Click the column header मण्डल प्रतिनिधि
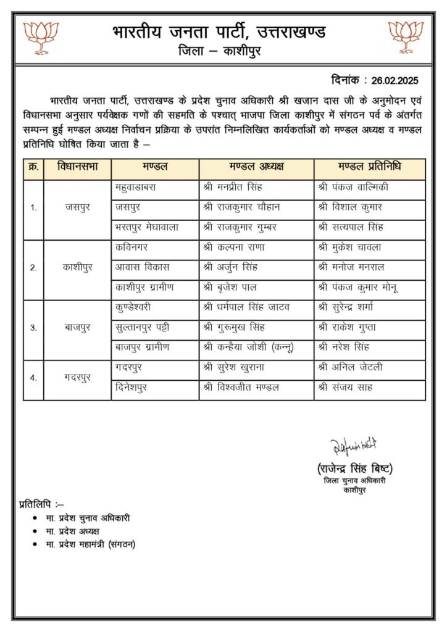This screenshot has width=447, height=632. tap(369, 167)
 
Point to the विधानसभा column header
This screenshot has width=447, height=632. tap(77, 167)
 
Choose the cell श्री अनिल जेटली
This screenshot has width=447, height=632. tap(350, 368)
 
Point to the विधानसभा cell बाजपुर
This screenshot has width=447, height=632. tap(77, 328)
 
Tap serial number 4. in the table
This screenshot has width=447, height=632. tap(33, 378)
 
